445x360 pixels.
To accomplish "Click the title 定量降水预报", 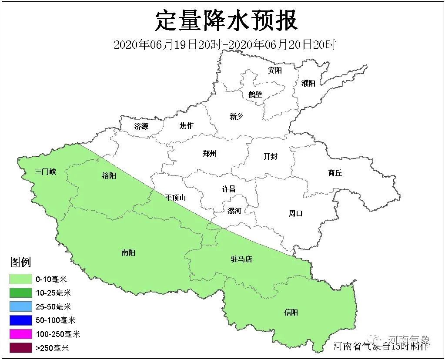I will coord(226,20).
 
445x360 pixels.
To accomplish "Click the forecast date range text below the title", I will coord(224,44).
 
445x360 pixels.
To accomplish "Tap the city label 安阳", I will coord(275,70).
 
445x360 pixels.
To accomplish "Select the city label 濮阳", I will coord(308,83).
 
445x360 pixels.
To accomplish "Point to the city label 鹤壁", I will coord(255,94).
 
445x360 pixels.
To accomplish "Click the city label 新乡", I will coord(236,116).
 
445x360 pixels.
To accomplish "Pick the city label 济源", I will coord(141,127).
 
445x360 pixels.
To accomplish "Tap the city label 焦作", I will coord(186,125).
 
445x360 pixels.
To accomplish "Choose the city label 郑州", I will coord(210,153).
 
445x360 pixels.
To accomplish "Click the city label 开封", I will coord(270,156).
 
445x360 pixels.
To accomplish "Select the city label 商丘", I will coord(335,173).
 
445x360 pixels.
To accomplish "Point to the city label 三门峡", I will coord(46,172).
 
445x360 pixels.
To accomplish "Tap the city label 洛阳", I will coord(109,176).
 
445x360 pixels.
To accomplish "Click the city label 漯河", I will coord(234,211).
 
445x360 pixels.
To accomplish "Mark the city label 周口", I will coord(295,213).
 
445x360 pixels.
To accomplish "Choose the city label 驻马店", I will coord(241,259).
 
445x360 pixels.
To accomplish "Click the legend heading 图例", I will coord(20,262).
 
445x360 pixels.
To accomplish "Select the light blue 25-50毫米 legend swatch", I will coord(21,306).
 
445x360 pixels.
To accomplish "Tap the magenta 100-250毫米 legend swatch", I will coord(21,334).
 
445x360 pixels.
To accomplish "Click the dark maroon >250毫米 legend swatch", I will coord(21,347).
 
